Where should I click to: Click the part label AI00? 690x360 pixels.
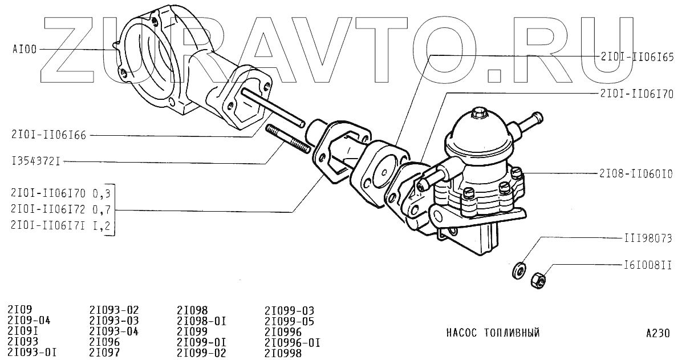tap(25, 50)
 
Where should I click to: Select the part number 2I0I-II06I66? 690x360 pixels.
tap(48, 135)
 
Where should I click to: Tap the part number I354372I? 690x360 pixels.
tap(36, 162)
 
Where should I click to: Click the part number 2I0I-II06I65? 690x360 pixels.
tap(637, 57)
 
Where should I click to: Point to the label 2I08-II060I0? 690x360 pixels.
tap(636, 173)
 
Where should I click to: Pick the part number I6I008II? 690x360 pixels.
tap(647, 265)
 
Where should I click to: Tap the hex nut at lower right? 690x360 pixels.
tap(539, 280)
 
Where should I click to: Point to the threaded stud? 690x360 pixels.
tap(289, 140)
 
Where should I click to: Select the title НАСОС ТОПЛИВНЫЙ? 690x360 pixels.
tap(492, 333)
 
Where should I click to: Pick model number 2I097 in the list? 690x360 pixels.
tap(104, 353)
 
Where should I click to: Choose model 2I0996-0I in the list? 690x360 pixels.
tap(293, 343)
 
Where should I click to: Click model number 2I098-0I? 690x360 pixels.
tap(202, 321)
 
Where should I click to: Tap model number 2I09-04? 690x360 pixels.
tap(29, 321)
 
